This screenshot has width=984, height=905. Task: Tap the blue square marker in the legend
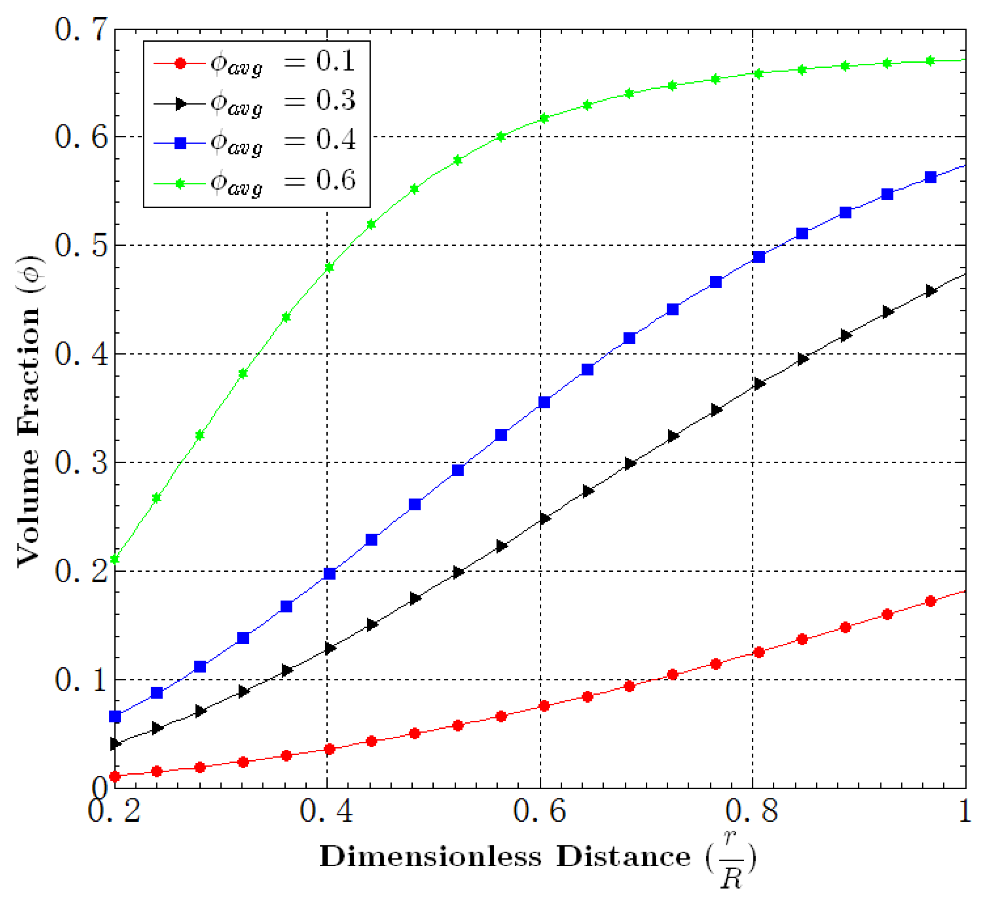[180, 143]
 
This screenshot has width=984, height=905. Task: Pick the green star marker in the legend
[180, 183]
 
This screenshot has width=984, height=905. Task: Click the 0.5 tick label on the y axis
[81, 245]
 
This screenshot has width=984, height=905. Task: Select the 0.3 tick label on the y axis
[81, 462]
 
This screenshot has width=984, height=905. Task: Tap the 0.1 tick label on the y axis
[81, 679]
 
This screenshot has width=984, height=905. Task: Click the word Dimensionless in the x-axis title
[430, 857]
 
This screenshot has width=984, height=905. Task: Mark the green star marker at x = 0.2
[114, 559]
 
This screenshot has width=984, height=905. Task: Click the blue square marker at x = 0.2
[114, 717]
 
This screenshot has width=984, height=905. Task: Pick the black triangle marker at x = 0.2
[115, 744]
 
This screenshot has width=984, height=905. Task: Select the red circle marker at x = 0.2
[114, 776]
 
